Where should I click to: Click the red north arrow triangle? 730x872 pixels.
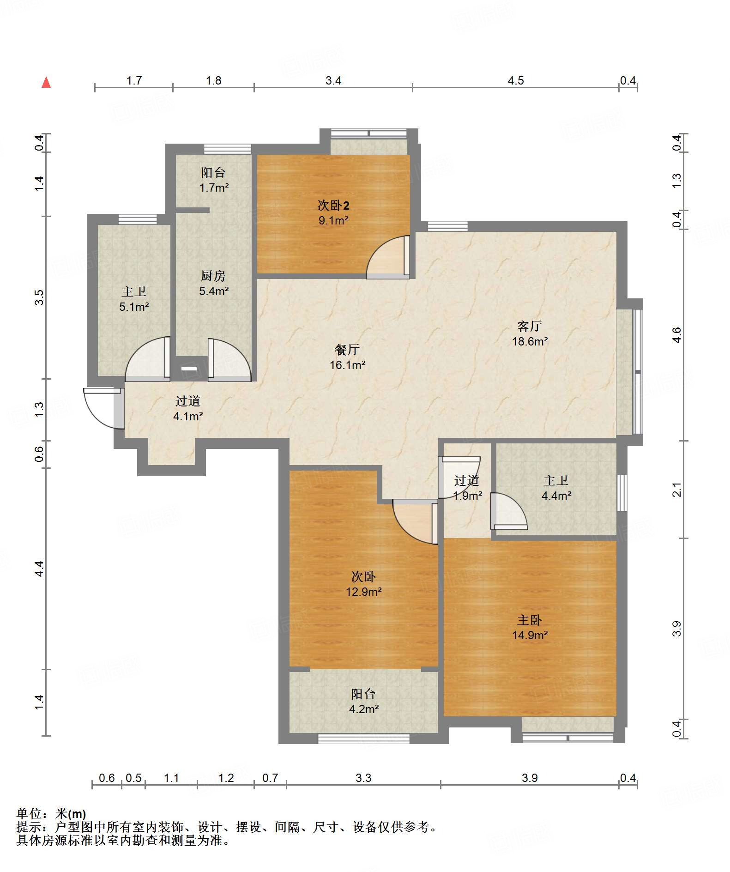tap(46, 82)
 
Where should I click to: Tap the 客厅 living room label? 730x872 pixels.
tap(529, 326)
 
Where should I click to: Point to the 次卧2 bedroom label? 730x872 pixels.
tap(333, 205)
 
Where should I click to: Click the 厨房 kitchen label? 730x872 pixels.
tap(213, 276)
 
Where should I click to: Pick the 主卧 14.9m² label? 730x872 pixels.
tap(530, 627)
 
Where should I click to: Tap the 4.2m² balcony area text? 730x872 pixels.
tap(364, 709)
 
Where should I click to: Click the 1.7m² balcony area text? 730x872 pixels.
tap(214, 188)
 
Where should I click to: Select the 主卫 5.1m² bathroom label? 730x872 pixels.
tap(134, 299)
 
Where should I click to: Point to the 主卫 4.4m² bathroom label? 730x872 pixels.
tap(556, 488)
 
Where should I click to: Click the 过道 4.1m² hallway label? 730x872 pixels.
tap(188, 408)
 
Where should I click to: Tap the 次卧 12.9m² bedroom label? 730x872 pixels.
tap(363, 584)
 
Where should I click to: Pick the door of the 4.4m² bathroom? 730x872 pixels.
tap(508, 511)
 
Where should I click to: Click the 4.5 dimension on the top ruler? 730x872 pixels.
tap(516, 81)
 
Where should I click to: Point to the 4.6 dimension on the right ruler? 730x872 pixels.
tap(676, 334)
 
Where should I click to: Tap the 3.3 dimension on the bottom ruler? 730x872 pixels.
tap(363, 778)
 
